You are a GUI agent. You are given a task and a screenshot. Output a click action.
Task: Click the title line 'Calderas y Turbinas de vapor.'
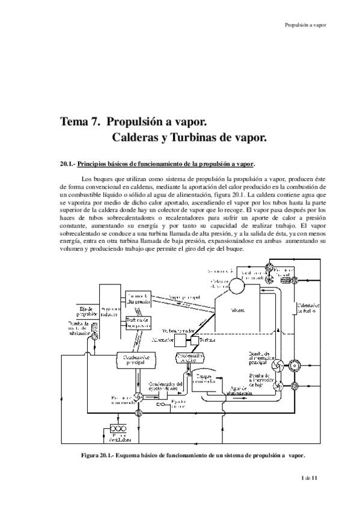pos(189,137)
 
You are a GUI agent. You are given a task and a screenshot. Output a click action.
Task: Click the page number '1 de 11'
pos(311,477)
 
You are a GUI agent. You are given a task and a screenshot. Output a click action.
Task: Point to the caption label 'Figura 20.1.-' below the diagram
pos(102,455)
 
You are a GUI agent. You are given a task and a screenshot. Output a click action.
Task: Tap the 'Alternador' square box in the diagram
pos(181,340)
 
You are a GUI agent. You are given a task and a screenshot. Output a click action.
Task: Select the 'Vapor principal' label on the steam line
pos(185,298)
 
